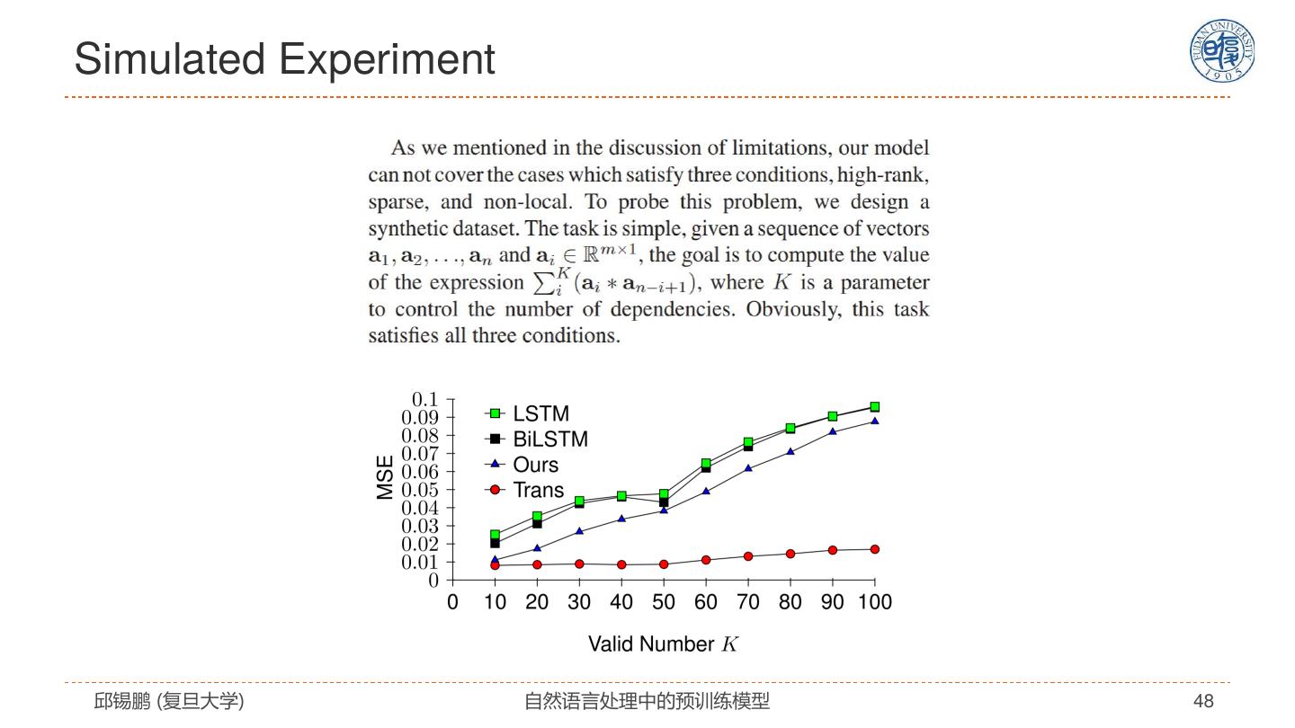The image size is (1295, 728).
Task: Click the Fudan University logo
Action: pyautogui.click(x=1222, y=50)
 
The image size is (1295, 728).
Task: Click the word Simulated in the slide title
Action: pyautogui.click(x=169, y=59)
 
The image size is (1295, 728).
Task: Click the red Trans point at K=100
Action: pyautogui.click(x=874, y=549)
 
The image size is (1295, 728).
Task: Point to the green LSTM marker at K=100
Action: pyautogui.click(x=874, y=407)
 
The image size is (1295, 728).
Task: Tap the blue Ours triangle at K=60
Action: pyautogui.click(x=706, y=491)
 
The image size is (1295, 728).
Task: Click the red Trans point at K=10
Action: pyautogui.click(x=495, y=565)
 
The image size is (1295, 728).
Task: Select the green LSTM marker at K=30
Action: pyautogui.click(x=579, y=501)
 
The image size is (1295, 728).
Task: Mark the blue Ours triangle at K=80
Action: pyautogui.click(x=790, y=451)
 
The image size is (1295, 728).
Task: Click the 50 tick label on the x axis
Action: pyautogui.click(x=664, y=602)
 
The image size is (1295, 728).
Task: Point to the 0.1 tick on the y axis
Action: pyautogui.click(x=424, y=399)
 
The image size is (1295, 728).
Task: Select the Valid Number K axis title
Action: pyautogui.click(x=663, y=644)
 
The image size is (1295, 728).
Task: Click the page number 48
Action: pyautogui.click(x=1203, y=701)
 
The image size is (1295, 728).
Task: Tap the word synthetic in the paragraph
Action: pyautogui.click(x=409, y=228)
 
